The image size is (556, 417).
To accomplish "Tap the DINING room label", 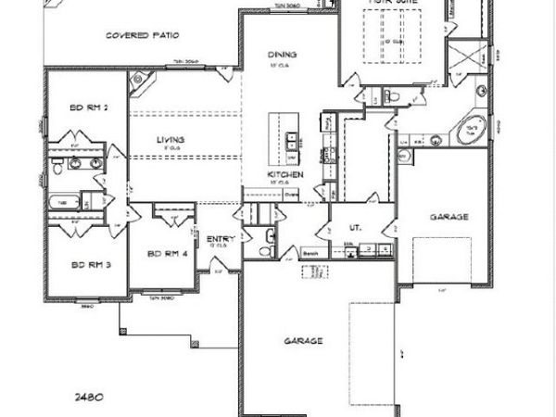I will (282, 54).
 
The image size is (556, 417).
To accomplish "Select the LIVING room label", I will (171, 140).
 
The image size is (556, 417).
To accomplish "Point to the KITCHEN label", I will (282, 175).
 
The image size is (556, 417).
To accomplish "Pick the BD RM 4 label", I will (166, 253).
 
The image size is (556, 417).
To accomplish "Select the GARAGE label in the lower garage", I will (302, 341).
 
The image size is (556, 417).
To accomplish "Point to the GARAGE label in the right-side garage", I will (449, 217).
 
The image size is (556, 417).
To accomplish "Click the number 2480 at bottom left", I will (89, 396).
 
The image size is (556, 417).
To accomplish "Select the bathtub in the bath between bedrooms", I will (61, 201).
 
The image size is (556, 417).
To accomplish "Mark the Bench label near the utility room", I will (311, 250).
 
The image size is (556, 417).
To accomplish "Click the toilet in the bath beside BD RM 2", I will (57, 168).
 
